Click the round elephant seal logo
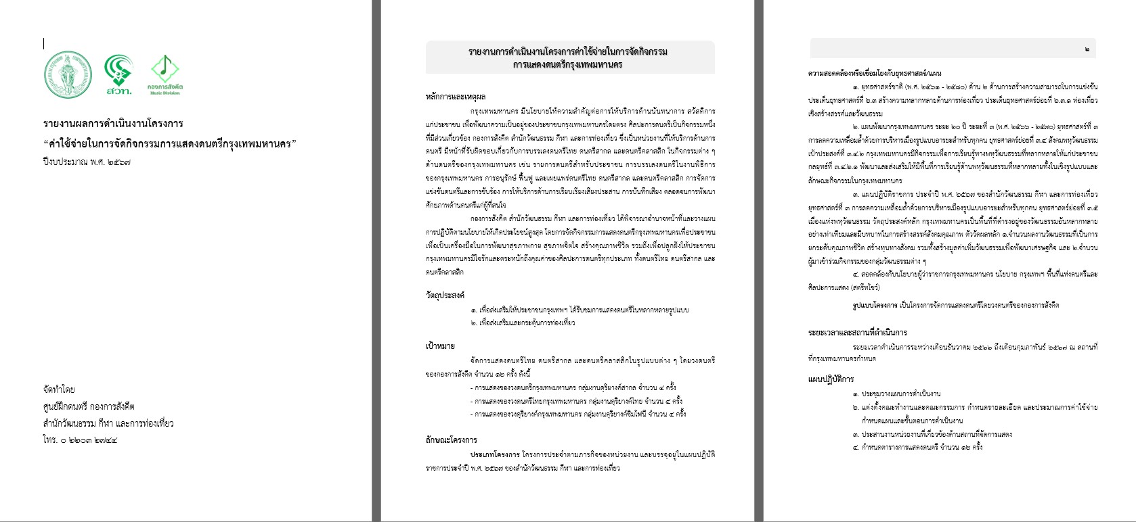(x=68, y=74)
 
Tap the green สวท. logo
(x=118, y=74)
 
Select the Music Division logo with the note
(x=165, y=74)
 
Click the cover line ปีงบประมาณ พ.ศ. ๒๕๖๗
(x=86, y=162)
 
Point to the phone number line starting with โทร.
(x=80, y=440)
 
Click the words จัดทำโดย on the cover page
(x=59, y=389)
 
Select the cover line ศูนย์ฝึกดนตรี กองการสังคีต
(x=89, y=406)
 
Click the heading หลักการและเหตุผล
(x=456, y=97)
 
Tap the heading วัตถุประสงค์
(x=445, y=295)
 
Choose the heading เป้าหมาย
(x=440, y=346)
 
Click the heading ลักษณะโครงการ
(x=451, y=440)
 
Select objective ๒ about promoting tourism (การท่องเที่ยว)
(x=523, y=323)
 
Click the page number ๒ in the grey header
(x=1087, y=49)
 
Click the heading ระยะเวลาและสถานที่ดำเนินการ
(x=857, y=333)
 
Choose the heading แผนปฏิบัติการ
(x=831, y=379)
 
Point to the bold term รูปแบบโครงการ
(x=875, y=305)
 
